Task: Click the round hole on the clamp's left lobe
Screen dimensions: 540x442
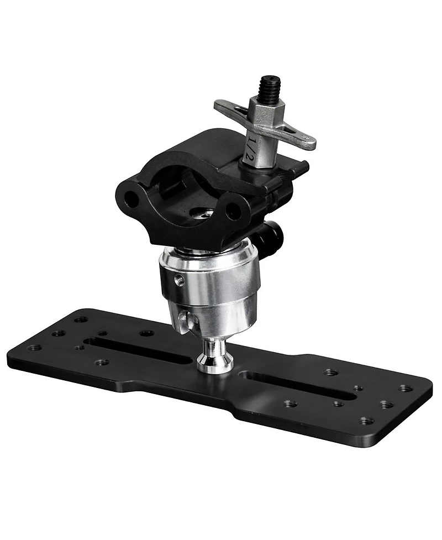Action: pos(131,200)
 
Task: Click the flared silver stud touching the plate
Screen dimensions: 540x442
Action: pos(216,356)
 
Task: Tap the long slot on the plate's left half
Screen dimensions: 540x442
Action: pos(138,352)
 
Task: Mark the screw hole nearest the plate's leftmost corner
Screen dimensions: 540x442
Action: pos(34,348)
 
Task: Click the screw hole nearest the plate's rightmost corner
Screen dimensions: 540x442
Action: pos(406,388)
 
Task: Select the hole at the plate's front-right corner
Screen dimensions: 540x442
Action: pos(365,421)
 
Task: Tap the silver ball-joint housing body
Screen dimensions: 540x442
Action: pos(210,287)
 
